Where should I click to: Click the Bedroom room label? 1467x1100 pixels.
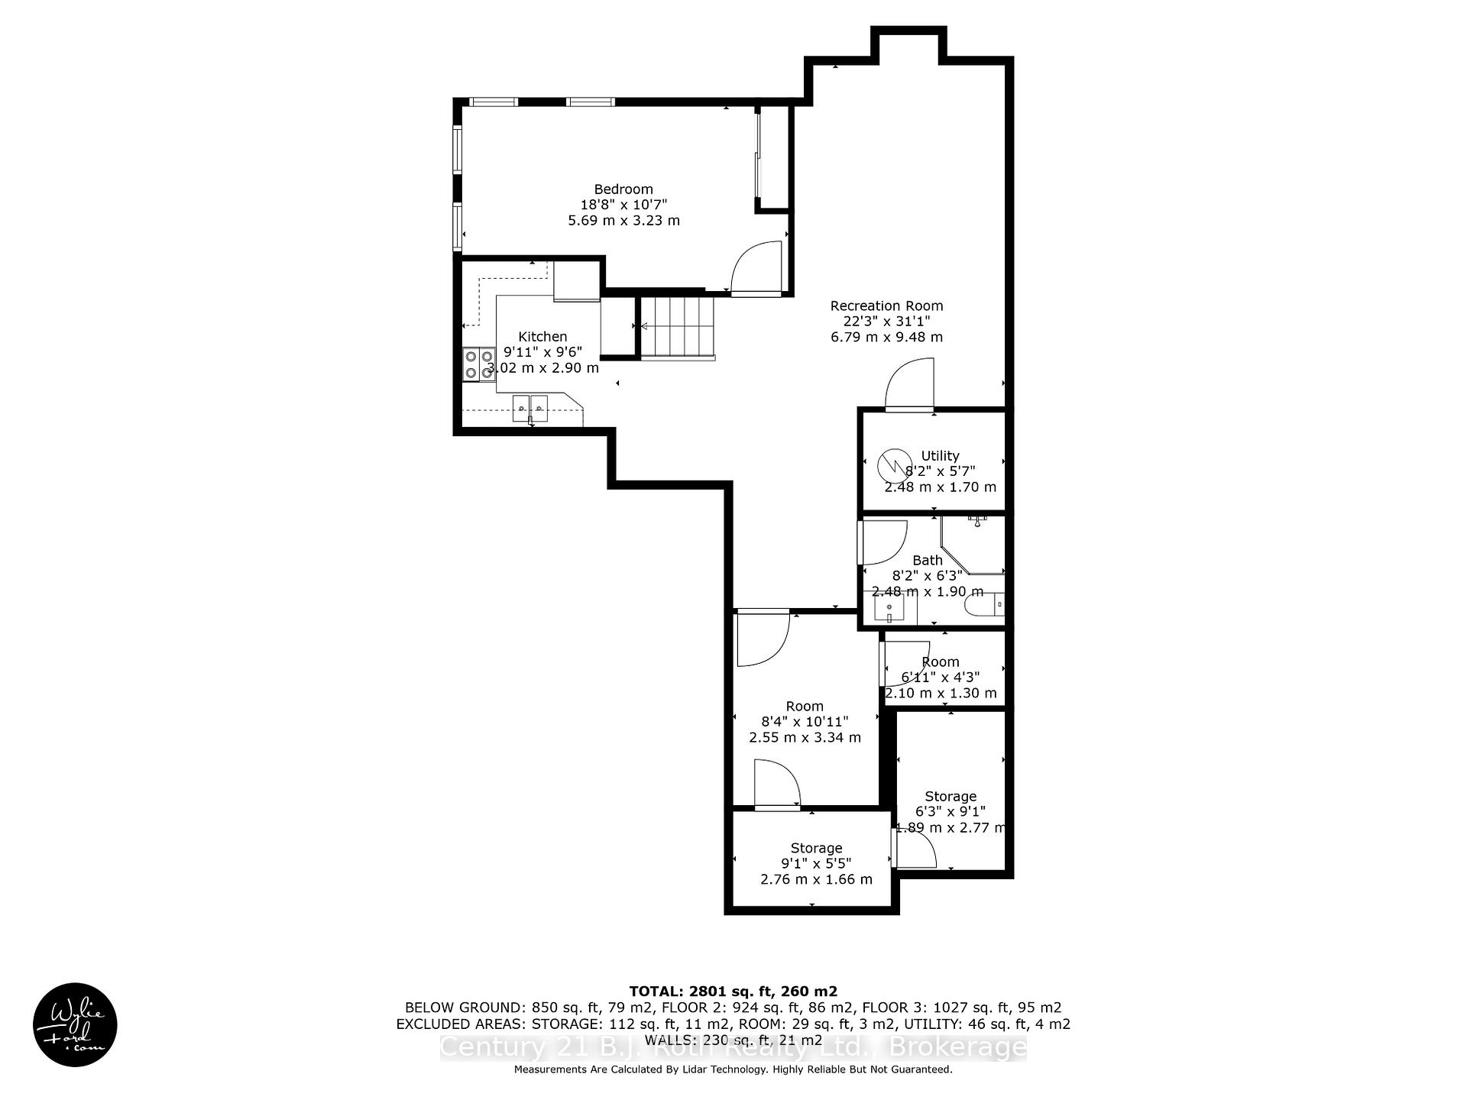(x=623, y=189)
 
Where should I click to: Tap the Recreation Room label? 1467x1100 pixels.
(x=886, y=306)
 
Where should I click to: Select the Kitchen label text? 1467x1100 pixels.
(x=542, y=337)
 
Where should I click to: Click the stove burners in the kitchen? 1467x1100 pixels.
(x=478, y=364)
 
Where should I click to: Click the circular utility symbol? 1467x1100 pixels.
(x=890, y=464)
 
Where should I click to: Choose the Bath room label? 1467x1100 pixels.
(x=927, y=561)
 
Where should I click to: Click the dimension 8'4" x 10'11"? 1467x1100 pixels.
(x=805, y=722)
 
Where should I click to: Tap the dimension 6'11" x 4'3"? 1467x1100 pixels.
(x=940, y=678)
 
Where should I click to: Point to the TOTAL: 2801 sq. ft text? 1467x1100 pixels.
(x=733, y=992)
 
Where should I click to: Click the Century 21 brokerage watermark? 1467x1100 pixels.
(x=733, y=1047)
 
